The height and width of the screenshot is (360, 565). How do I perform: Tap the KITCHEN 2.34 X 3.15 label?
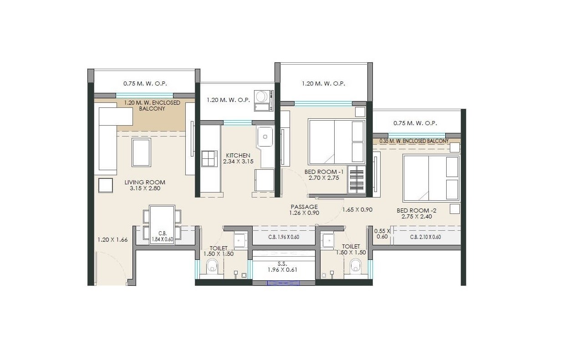238,158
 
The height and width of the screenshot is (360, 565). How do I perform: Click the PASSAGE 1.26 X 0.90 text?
304,210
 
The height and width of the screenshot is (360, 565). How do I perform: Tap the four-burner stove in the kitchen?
209,159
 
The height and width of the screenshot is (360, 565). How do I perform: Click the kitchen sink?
265,137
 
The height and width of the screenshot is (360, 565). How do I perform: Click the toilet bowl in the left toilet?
213,266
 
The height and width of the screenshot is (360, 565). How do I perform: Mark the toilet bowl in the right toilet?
355,266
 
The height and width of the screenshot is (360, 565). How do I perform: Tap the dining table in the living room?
162,224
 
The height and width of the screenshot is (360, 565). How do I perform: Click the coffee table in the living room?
141,152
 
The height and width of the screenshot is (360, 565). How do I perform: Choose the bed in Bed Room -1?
336,142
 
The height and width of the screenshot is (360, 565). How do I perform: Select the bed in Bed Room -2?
431,178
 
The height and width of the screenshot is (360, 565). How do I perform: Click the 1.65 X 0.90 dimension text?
357,210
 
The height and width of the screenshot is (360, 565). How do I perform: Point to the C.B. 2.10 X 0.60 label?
425,237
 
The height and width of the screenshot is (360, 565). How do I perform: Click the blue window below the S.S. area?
283,283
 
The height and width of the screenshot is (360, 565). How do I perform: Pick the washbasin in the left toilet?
240,240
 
